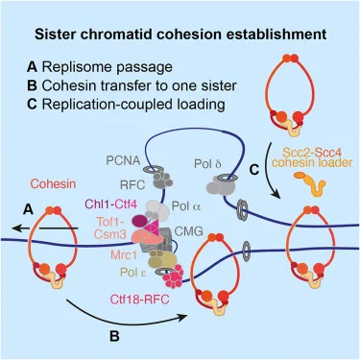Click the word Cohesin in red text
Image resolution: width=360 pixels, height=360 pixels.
point(53,184)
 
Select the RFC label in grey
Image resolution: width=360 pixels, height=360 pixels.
point(132,184)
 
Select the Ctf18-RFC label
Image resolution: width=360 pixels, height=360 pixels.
point(139,300)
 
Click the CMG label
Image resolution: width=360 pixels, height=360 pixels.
point(189,231)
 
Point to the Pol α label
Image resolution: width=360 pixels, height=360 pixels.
point(187,206)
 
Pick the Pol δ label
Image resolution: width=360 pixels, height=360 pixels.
point(207,164)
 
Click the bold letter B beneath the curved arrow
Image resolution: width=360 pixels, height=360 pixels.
point(114,336)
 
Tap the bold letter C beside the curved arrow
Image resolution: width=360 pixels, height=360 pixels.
point(253,170)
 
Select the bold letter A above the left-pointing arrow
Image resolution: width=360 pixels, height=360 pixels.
point(29,209)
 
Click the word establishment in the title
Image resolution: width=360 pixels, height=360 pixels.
point(271,34)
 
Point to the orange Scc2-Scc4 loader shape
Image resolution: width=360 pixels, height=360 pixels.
point(310,183)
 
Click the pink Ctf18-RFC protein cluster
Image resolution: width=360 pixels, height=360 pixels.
point(173,276)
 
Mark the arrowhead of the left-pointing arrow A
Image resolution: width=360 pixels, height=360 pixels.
point(15,228)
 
